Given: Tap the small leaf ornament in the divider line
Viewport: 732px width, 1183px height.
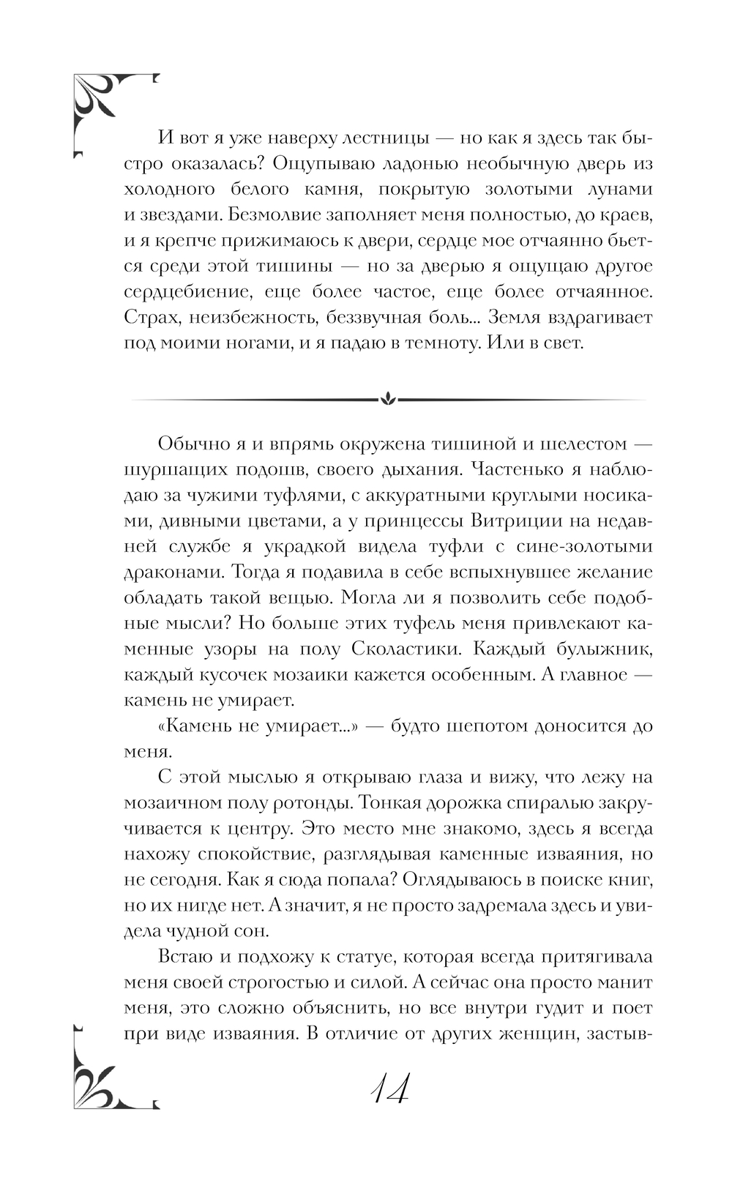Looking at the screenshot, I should click(388, 399).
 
